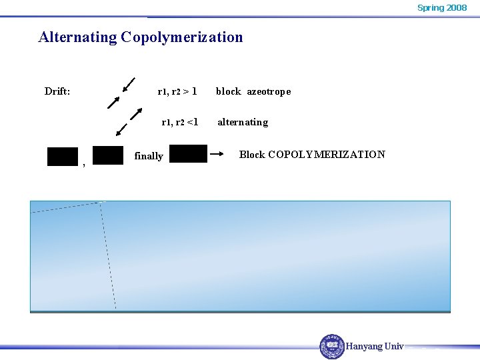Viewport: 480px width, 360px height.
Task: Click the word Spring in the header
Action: pos(430,8)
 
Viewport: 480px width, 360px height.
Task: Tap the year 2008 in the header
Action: pos(457,8)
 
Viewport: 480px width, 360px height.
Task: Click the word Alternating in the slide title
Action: pos(77,37)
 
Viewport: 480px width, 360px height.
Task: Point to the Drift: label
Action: pos(57,91)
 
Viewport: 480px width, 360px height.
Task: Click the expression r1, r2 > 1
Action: pos(177,91)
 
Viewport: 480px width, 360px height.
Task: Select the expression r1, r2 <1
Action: pos(180,122)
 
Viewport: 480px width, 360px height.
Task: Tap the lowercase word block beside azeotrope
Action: pos(228,91)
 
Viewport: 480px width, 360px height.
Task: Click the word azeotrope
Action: pos(269,91)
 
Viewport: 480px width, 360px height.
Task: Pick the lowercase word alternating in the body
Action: pos(243,122)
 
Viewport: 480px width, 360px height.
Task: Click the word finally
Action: pos(149,156)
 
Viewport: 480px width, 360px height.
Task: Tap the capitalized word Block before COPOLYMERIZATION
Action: pos(252,155)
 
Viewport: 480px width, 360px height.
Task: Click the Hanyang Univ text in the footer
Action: pos(375,346)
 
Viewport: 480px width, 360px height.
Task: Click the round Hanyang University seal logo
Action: pos(332,346)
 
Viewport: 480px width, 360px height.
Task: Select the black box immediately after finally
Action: pos(188,153)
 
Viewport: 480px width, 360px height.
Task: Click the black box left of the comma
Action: pos(63,156)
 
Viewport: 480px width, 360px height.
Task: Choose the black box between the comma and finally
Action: pos(108,155)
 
